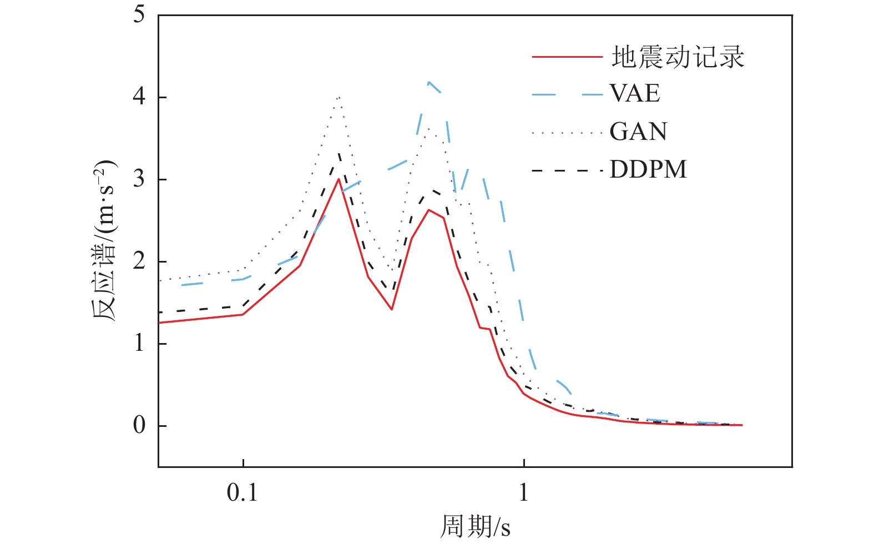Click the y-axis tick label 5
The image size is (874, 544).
click(139, 14)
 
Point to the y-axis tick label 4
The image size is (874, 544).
click(139, 97)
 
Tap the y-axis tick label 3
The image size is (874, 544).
click(139, 179)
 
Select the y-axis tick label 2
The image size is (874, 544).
click(139, 261)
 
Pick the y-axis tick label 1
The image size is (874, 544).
click(139, 343)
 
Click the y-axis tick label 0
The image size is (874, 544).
click(139, 425)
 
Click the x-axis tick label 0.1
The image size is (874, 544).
click(243, 492)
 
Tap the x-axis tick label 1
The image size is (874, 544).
click(524, 492)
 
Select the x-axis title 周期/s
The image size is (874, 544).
click(475, 526)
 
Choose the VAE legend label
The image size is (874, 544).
click(635, 93)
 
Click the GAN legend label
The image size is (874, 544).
click(638, 132)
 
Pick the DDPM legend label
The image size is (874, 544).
click(648, 169)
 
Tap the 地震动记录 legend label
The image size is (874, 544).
click(678, 57)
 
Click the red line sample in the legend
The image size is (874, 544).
click(567, 57)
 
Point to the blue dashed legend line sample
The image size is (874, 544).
click(567, 94)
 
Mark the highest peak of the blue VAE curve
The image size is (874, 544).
click(428, 82)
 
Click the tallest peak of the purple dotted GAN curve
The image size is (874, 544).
click(339, 98)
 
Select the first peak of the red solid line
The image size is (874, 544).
click(339, 179)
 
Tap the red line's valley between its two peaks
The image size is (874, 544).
click(392, 309)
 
